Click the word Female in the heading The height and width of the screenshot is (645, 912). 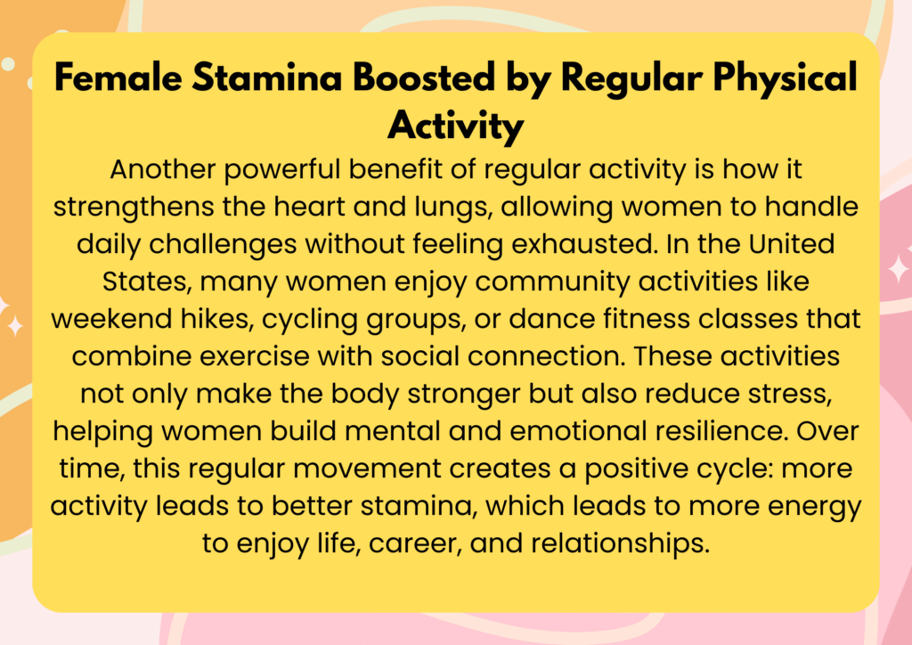coord(118,78)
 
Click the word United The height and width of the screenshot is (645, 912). coord(792,244)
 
